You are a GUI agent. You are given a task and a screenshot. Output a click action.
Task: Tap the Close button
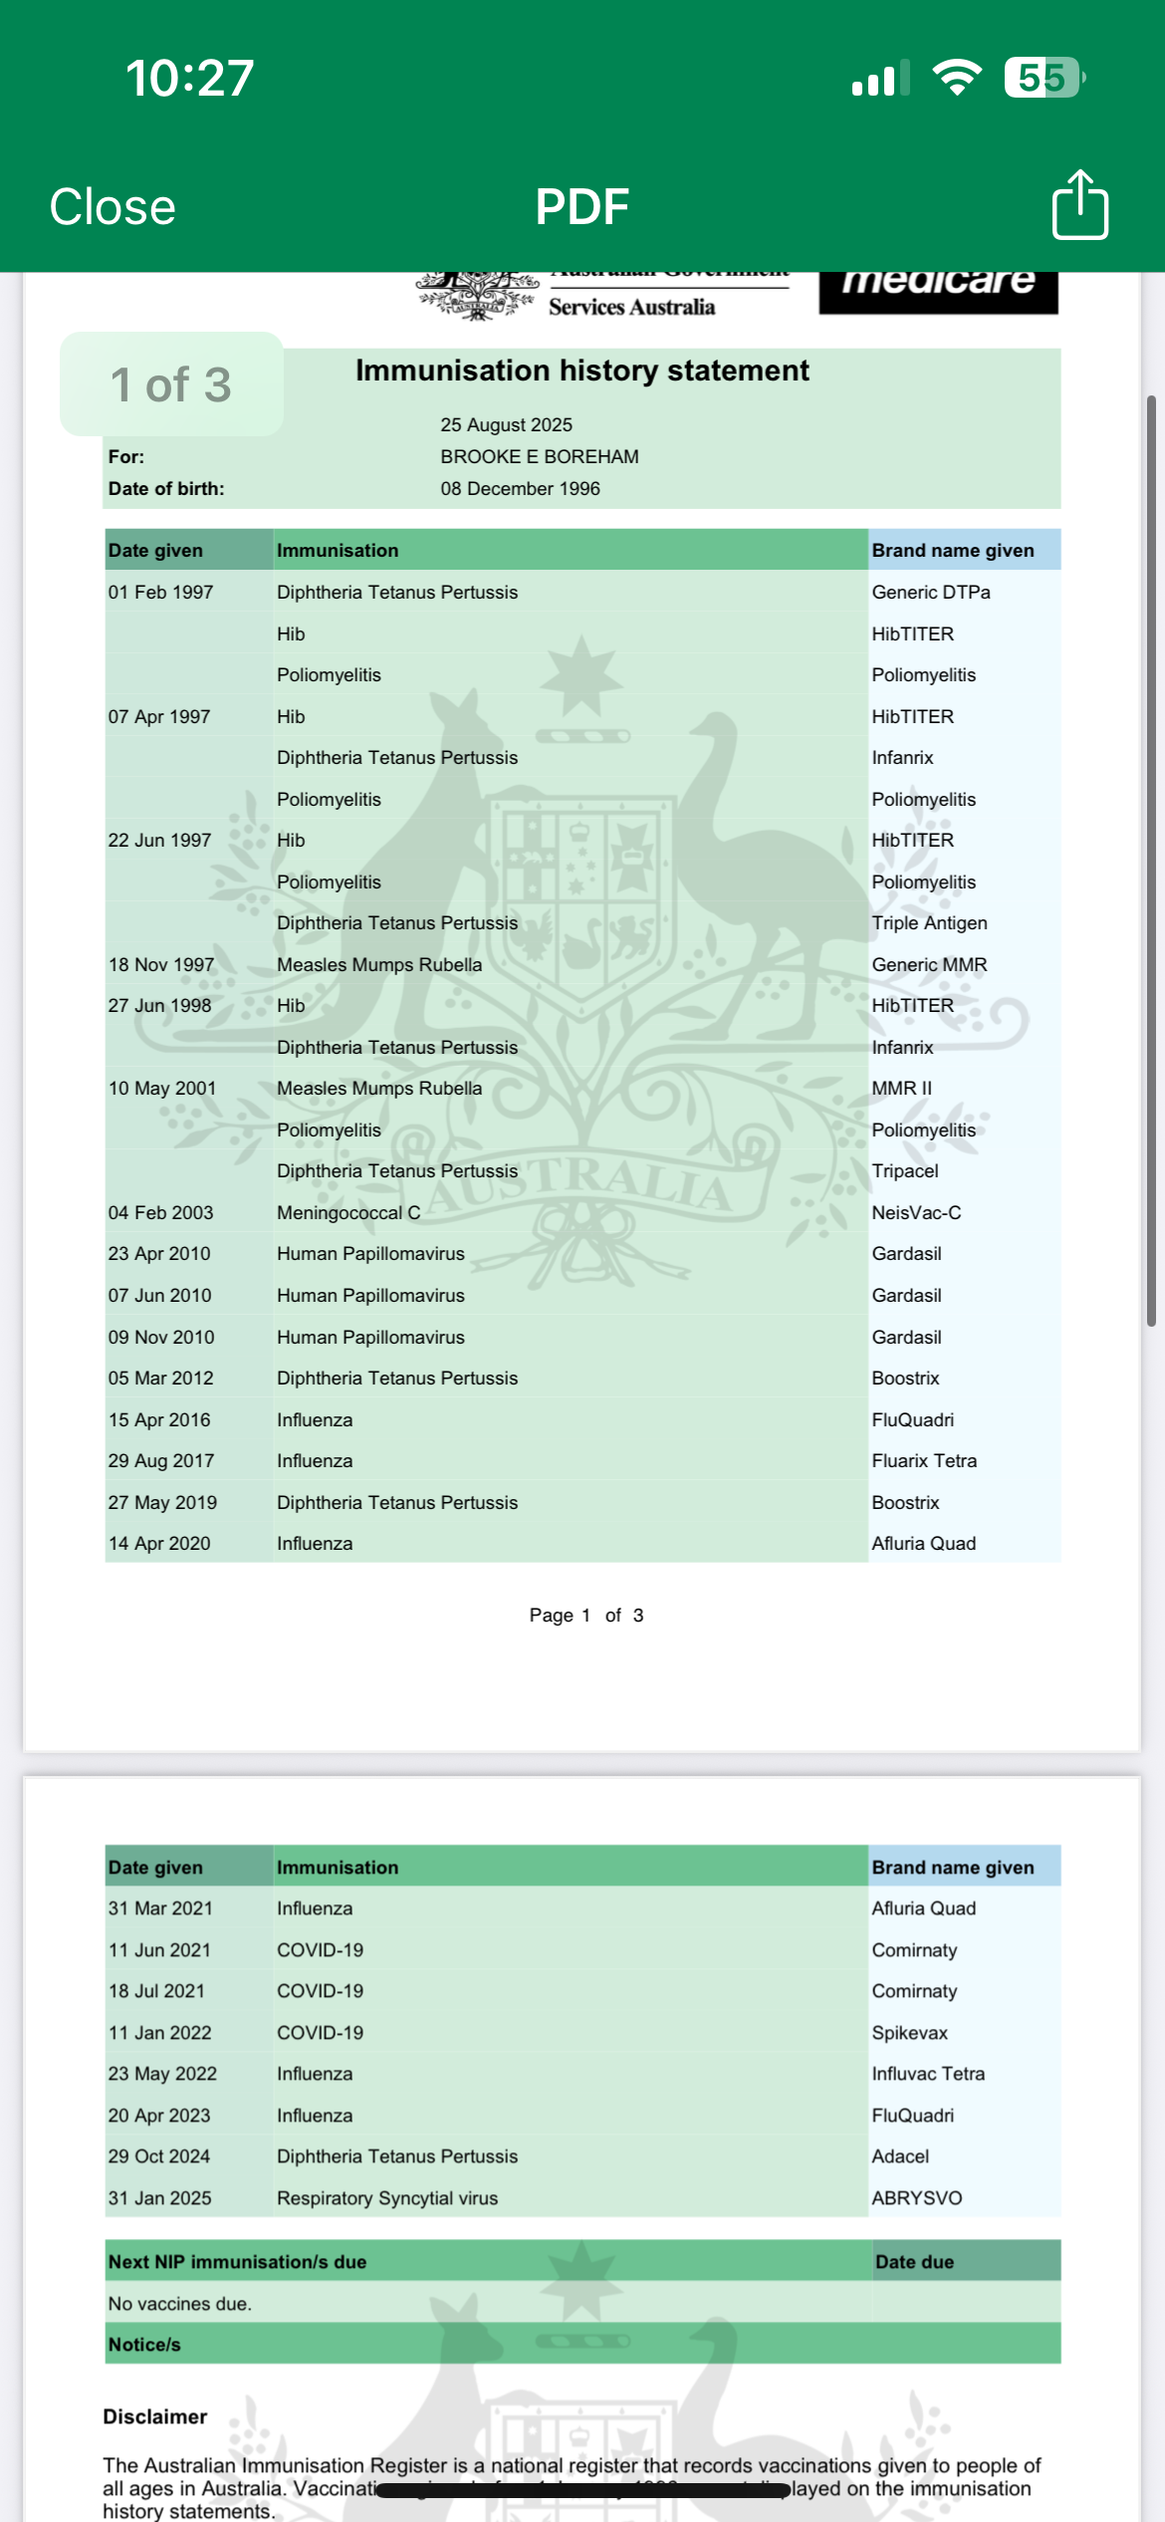click(x=113, y=207)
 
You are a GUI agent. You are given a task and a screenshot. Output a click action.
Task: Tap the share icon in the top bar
click(x=1080, y=205)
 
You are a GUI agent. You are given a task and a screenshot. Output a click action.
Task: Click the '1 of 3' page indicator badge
click(x=171, y=384)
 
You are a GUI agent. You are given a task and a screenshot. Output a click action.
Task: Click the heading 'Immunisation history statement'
click(x=582, y=371)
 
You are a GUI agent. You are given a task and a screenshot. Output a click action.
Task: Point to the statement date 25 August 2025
click(x=506, y=425)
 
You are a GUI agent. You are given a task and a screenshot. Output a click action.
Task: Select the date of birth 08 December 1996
click(x=520, y=489)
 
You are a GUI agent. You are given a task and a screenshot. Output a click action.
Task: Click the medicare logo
click(x=938, y=289)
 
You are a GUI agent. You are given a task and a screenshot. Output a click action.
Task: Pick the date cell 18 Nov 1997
click(x=161, y=965)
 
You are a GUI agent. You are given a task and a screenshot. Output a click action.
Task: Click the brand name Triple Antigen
click(x=929, y=923)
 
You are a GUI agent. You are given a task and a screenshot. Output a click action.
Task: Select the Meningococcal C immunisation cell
click(x=349, y=1213)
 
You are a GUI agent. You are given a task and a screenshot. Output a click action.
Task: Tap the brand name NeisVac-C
click(x=916, y=1213)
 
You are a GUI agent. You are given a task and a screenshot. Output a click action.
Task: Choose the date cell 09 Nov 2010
click(x=161, y=1338)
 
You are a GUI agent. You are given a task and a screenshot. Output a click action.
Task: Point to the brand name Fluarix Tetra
click(x=924, y=1461)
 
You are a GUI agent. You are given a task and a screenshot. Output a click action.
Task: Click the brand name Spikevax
click(x=909, y=2033)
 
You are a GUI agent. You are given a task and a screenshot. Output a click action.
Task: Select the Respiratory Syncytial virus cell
click(x=387, y=2198)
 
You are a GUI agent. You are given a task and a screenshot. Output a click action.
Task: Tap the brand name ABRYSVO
click(x=916, y=2198)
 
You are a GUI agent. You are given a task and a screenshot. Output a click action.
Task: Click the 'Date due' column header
click(x=914, y=2262)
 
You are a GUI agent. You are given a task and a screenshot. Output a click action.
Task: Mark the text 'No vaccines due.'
click(x=180, y=2304)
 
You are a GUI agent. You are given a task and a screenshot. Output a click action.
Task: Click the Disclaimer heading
click(x=155, y=2417)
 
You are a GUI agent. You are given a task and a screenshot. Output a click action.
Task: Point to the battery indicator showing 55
click(x=1043, y=78)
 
